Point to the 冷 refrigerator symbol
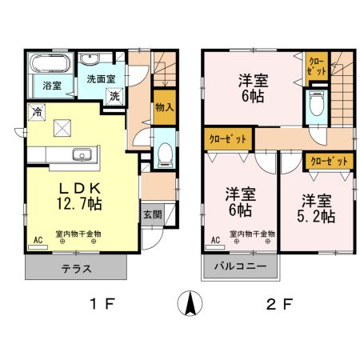point(37,113)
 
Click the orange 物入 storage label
point(163,106)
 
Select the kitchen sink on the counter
point(81,155)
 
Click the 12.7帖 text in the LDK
point(78,205)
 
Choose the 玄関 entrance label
point(152,214)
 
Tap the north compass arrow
point(191,305)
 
